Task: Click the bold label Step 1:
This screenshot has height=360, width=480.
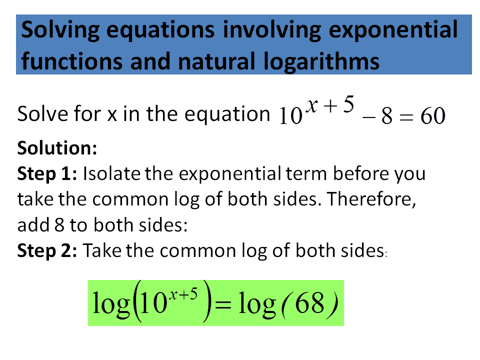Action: [47, 173]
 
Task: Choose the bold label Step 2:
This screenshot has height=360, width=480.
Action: [47, 250]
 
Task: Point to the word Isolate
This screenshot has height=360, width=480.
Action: [111, 173]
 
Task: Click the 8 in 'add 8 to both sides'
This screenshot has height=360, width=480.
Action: [57, 224]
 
